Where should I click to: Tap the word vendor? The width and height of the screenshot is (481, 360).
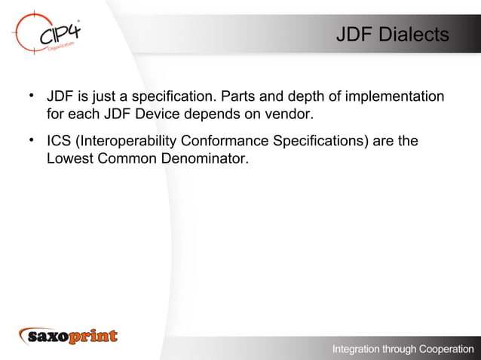coord(289,115)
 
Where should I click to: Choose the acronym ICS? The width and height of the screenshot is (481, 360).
coord(60,141)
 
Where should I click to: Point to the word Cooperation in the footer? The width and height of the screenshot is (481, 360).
coord(441,349)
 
